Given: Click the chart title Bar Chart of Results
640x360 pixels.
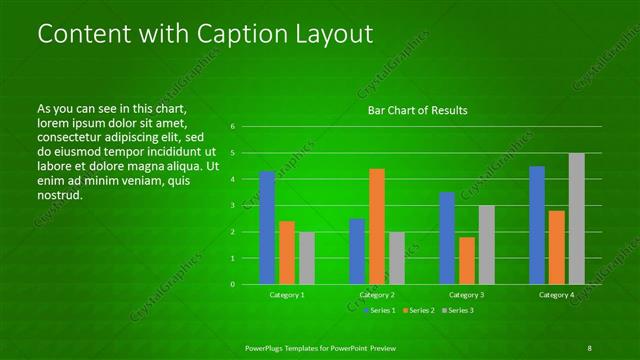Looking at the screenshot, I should [417, 110].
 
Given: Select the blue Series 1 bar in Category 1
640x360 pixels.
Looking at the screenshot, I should [267, 228].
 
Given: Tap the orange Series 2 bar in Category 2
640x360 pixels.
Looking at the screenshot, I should [376, 226].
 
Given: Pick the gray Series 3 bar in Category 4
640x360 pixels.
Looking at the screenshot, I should [576, 218].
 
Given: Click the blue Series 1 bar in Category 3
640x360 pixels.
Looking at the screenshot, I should [447, 238].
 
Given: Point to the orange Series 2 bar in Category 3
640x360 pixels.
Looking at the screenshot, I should [467, 260].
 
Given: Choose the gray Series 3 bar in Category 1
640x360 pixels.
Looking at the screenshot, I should [306, 258].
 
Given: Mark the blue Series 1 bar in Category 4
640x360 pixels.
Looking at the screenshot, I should [537, 225].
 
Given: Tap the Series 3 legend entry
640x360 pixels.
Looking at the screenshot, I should [458, 311].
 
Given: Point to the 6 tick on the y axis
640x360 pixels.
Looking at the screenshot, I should [232, 127].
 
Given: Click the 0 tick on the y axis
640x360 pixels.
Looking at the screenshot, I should [232, 284].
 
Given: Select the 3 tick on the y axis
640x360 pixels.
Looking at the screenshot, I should [232, 206].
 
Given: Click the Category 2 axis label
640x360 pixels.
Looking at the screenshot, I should [376, 295].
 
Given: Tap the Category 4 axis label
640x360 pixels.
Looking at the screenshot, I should [556, 295].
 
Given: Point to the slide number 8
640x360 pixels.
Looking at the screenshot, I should [589, 347].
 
